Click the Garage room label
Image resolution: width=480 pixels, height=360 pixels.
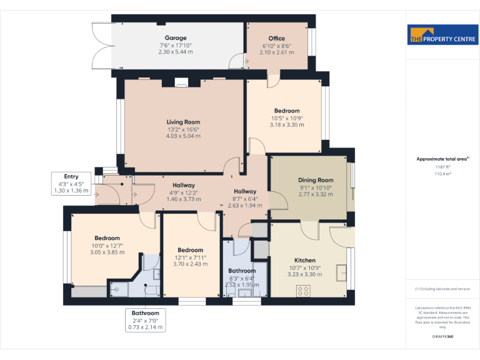click(176, 38)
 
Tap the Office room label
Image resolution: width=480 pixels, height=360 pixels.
click(276, 39)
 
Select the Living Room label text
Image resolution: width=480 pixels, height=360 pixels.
click(183, 122)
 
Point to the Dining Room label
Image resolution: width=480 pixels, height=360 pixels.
click(316, 180)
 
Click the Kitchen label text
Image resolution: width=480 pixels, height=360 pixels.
click(305, 260)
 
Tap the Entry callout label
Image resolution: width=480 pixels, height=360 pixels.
click(71, 177)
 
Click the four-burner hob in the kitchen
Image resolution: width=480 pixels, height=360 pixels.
click(304, 290)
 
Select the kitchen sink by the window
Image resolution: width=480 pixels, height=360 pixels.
click(341, 272)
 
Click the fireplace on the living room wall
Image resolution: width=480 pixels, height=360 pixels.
click(181, 81)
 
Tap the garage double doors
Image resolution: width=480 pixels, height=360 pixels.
click(102, 46)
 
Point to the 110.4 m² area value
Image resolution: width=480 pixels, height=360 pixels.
click(442, 174)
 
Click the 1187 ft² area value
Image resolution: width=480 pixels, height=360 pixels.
click(442, 167)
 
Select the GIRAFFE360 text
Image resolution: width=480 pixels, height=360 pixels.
click(442, 336)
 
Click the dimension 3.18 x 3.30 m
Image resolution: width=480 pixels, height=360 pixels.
click(286, 124)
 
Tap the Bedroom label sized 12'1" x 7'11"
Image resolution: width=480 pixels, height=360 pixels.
click(190, 250)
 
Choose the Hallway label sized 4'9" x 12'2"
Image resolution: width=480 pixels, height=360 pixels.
click(184, 185)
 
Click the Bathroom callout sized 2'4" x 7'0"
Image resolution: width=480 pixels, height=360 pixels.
click(145, 312)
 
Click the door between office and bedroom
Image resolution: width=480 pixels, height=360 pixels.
click(272, 80)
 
